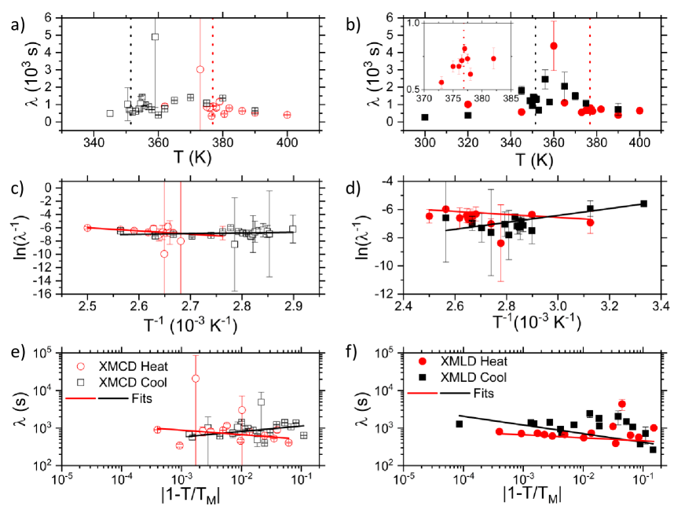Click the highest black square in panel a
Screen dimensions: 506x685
(x=156, y=37)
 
